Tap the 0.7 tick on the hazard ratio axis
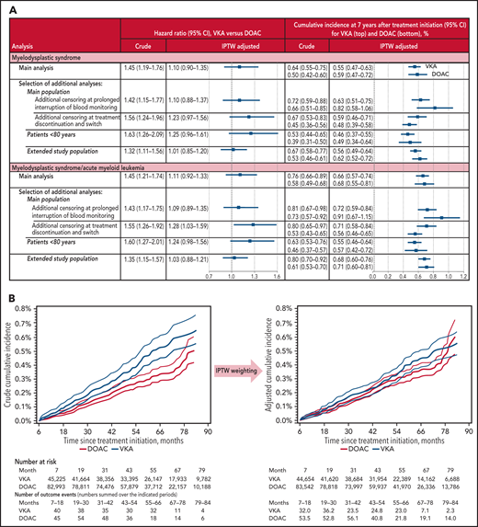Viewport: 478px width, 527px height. tap(209, 275)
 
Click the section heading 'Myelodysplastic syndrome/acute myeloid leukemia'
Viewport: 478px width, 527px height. tap(77, 163)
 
